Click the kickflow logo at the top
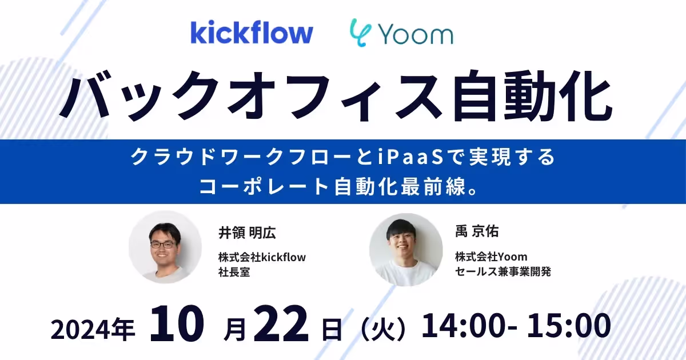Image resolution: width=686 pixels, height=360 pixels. (x=252, y=33)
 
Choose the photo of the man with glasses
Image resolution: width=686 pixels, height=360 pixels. (x=165, y=247)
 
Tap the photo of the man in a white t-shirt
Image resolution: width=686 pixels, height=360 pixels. (x=405, y=249)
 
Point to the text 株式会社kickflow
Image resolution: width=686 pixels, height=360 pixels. (x=262, y=257)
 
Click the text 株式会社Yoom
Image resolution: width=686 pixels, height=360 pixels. (x=491, y=257)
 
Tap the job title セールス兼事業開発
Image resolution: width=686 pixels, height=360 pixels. (x=503, y=271)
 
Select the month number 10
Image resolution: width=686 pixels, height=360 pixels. (x=177, y=325)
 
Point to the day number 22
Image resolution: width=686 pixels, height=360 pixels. (x=280, y=325)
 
